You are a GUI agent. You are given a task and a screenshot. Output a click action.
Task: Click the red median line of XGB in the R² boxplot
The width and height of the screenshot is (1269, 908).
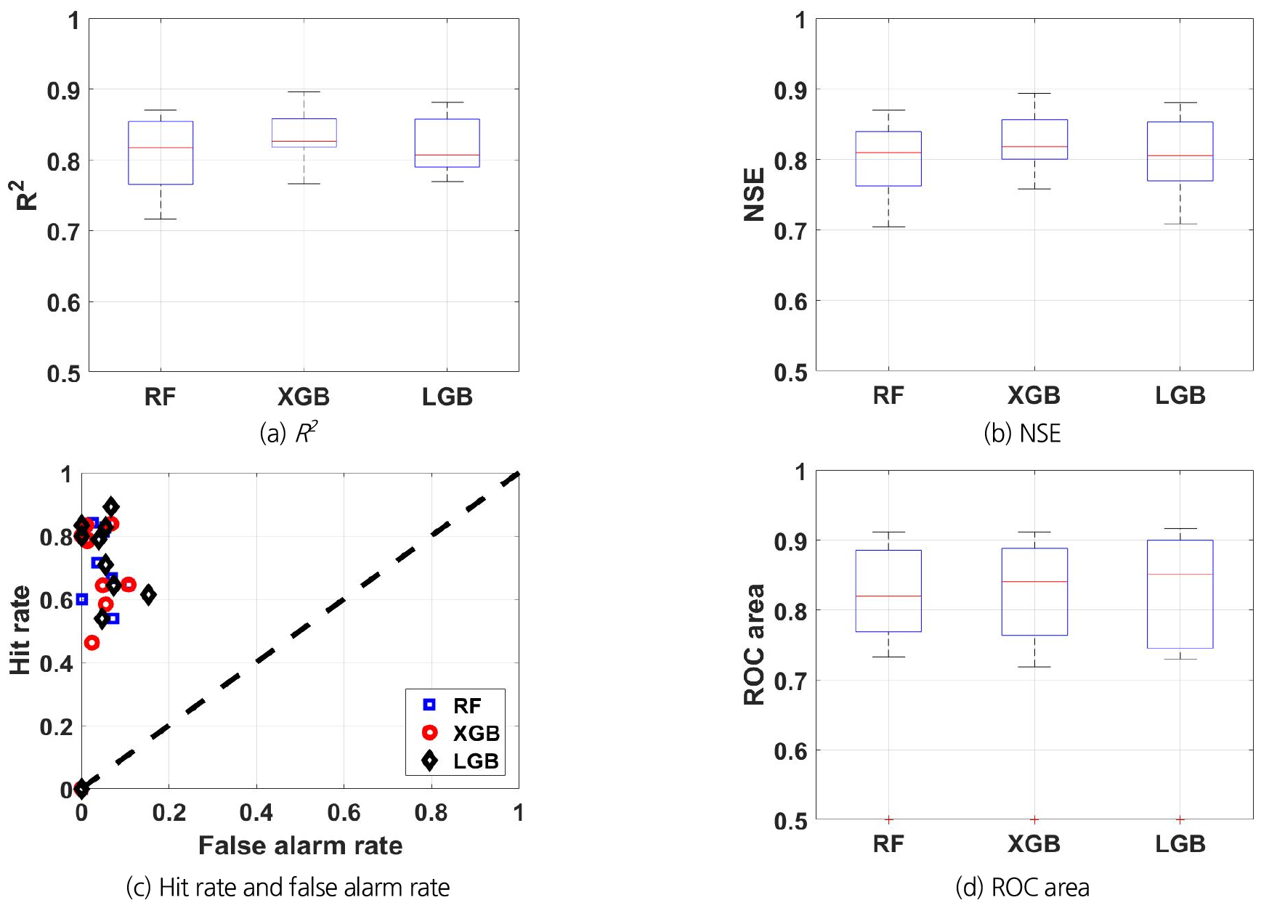(304, 141)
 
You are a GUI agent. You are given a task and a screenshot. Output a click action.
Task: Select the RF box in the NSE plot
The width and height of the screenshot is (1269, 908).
(888, 158)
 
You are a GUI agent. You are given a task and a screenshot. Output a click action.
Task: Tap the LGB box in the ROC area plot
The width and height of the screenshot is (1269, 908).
(1180, 594)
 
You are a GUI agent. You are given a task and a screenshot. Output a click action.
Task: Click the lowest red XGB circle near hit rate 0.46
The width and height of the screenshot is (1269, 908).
(92, 643)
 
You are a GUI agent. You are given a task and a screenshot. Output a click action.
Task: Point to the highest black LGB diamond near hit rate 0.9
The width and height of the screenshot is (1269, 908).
(111, 506)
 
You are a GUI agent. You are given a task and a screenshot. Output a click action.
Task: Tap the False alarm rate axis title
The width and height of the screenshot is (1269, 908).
(300, 846)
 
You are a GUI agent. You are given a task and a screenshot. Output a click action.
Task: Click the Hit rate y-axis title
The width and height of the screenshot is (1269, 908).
(20, 630)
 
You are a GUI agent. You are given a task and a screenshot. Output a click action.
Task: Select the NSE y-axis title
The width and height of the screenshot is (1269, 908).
(755, 194)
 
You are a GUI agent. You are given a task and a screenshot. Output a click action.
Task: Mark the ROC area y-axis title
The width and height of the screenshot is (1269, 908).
(755, 644)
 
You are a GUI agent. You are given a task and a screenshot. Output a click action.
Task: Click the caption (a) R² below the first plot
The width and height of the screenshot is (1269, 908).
(288, 434)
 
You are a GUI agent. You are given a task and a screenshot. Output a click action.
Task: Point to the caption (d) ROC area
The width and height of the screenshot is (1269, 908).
(1022, 887)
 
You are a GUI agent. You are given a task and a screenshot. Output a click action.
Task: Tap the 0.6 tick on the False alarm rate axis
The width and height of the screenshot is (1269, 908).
(344, 812)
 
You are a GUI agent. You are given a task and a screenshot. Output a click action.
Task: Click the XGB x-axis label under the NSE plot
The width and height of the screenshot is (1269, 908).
(1034, 396)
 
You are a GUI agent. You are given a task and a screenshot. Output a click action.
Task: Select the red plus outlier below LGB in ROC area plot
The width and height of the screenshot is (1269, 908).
(1180, 819)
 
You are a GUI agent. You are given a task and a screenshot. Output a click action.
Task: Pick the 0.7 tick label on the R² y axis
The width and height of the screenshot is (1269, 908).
(63, 232)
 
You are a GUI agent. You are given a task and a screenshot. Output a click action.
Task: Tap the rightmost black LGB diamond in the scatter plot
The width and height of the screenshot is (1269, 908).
(148, 595)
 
